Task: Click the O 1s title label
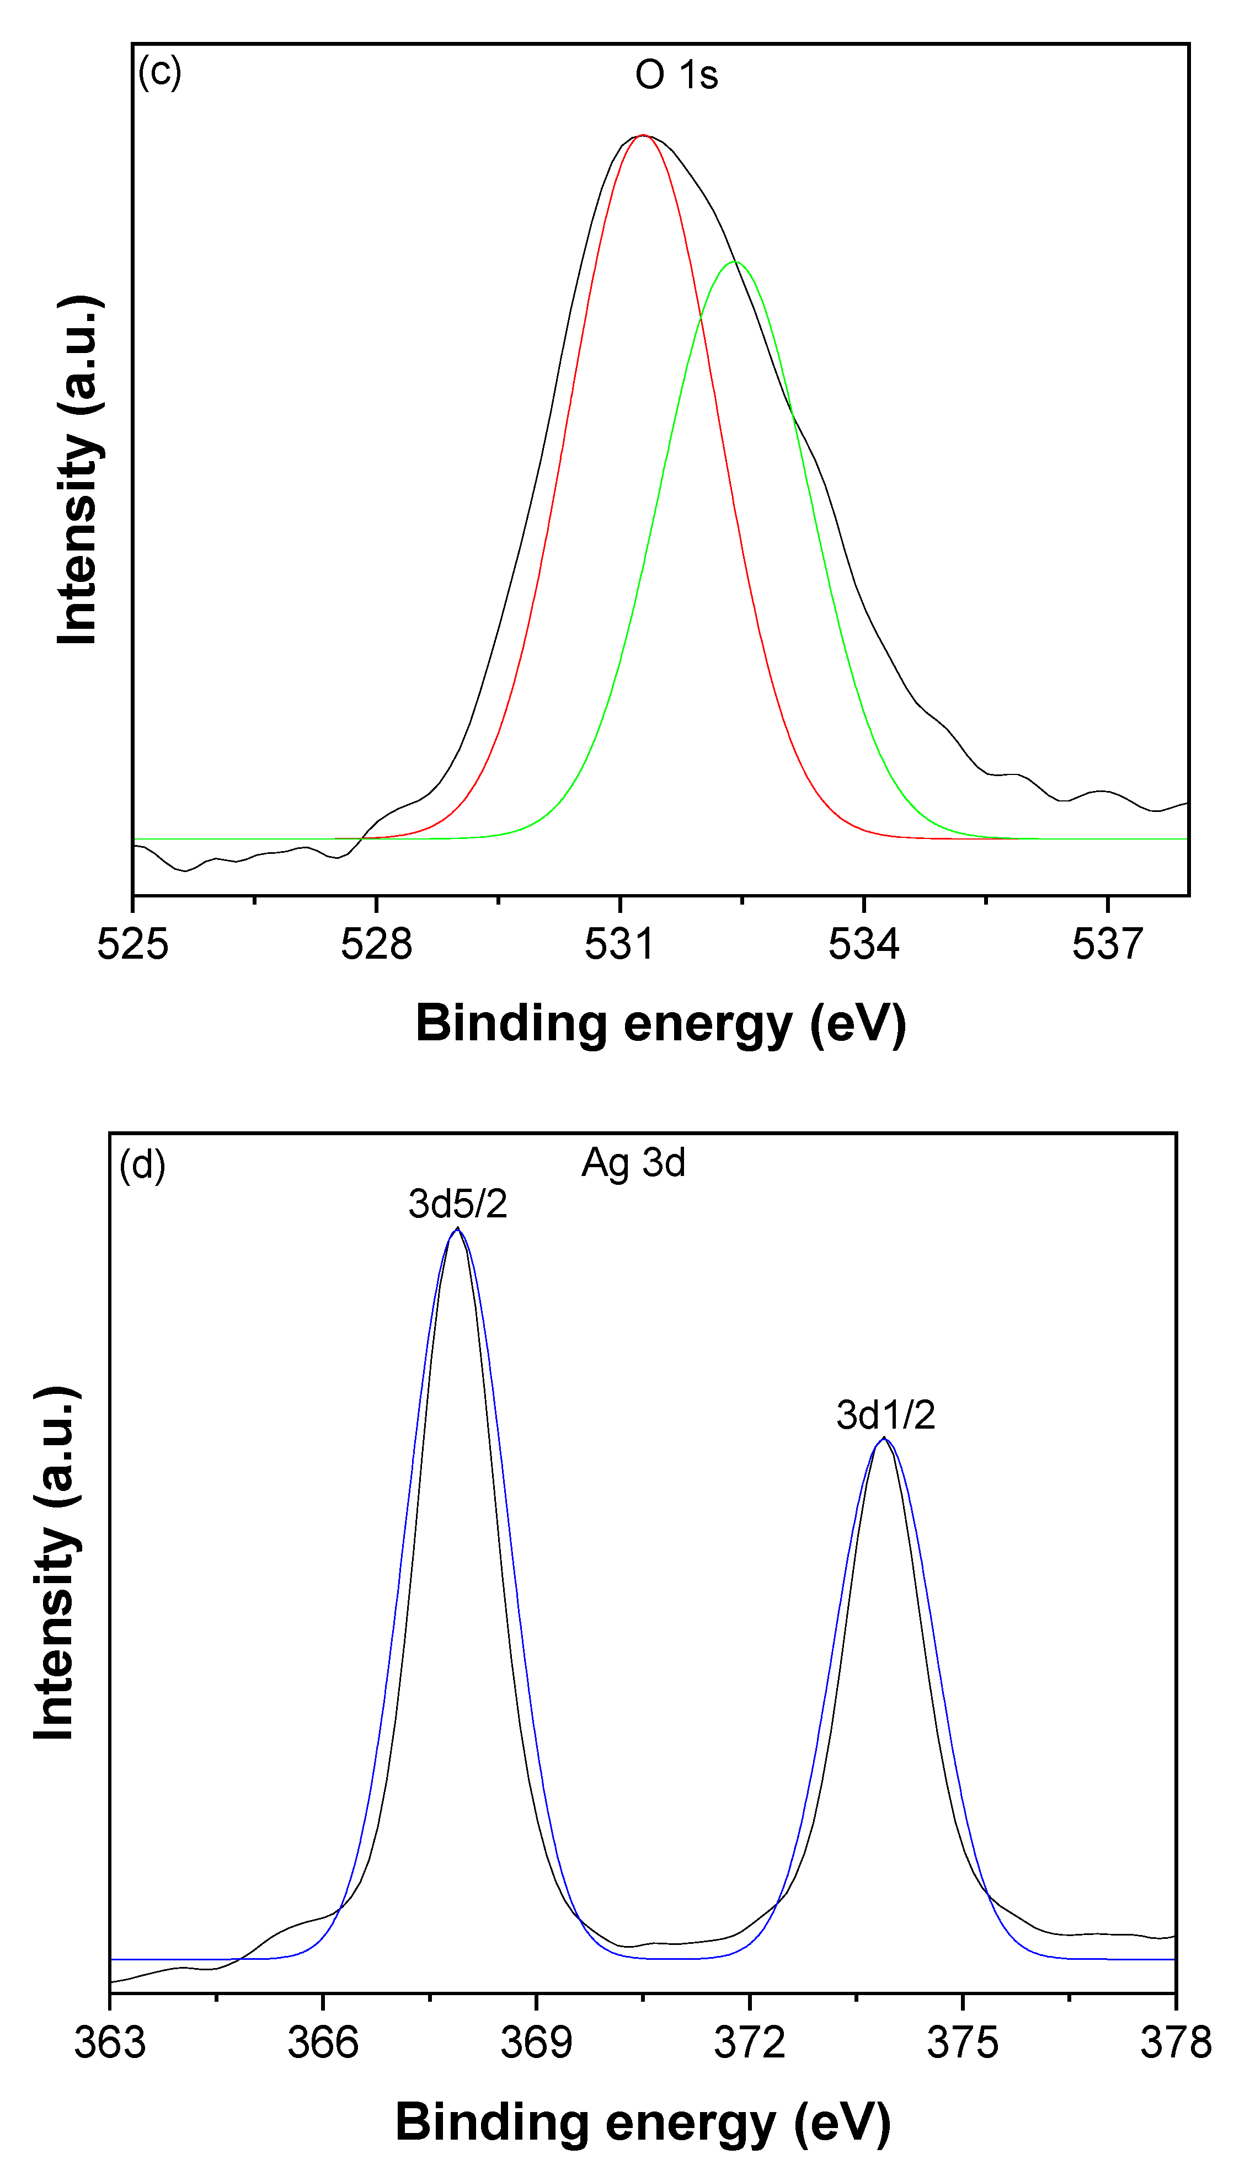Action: tap(676, 76)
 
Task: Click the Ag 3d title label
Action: tap(634, 1163)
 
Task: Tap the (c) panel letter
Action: tap(159, 72)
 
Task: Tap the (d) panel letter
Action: tap(142, 1166)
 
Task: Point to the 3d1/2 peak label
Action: tap(885, 1415)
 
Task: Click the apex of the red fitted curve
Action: tap(642, 136)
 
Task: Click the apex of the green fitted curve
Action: tap(735, 262)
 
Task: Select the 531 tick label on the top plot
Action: tap(620, 945)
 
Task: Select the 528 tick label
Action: tap(376, 945)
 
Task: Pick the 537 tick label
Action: tap(1108, 945)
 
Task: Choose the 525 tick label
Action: tap(133, 945)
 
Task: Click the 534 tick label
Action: tap(864, 945)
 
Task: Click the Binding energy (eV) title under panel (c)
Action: tap(660, 1023)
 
